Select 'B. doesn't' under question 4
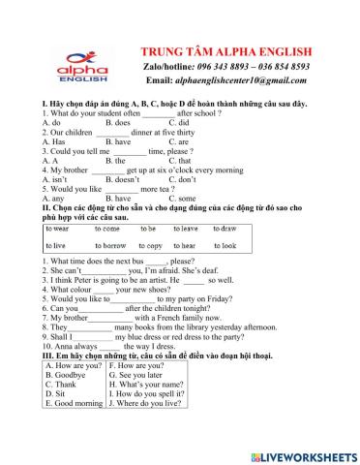[122, 179]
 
